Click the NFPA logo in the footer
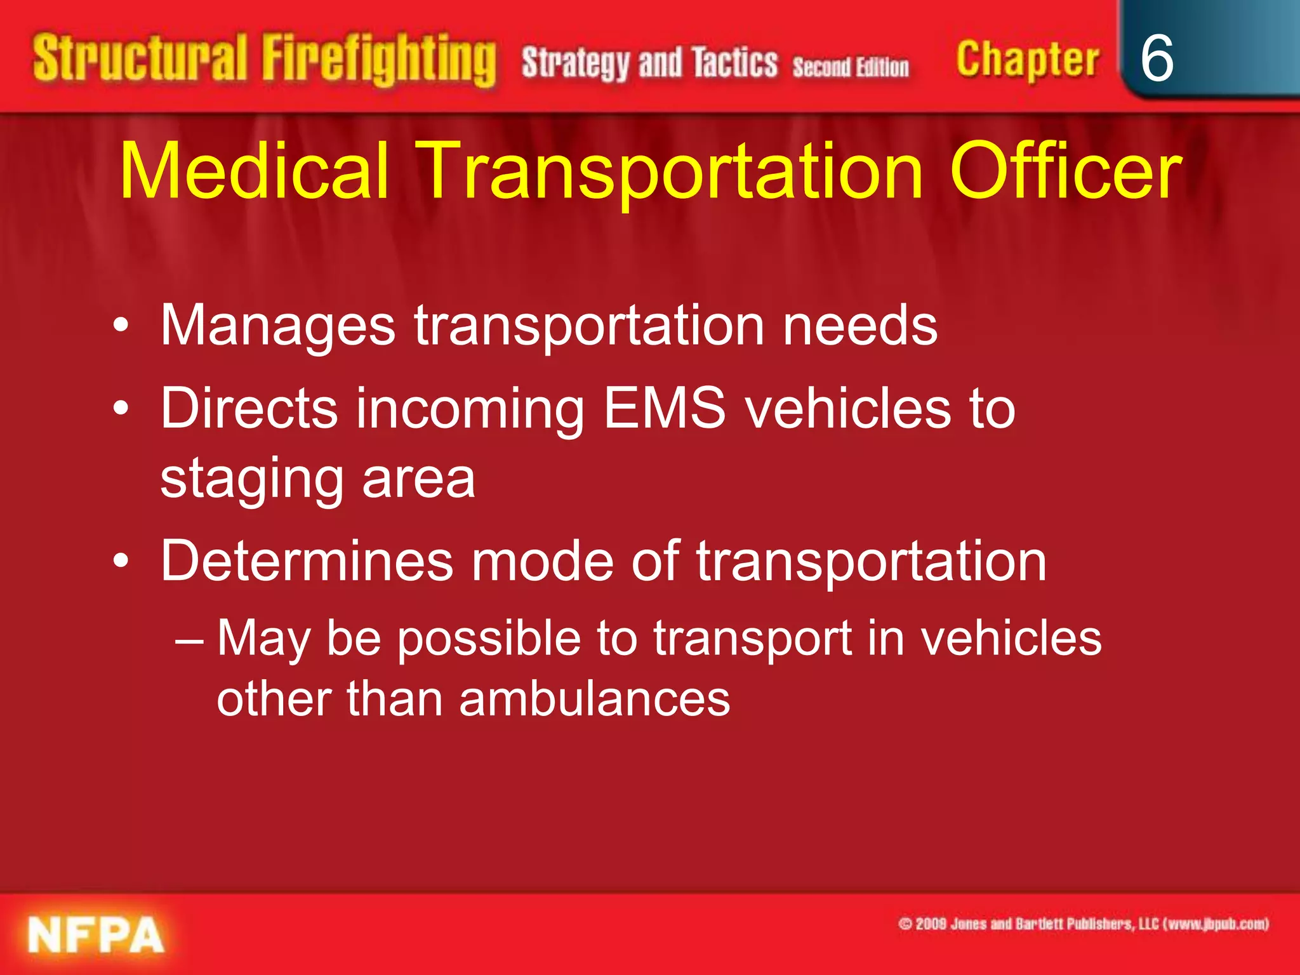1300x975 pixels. click(96, 935)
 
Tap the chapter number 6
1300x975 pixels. click(1157, 58)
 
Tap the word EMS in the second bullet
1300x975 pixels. click(664, 408)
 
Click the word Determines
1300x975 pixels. click(307, 561)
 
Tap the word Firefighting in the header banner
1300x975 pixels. click(379, 60)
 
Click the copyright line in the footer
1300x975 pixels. click(1083, 924)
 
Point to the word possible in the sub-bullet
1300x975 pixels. click(489, 639)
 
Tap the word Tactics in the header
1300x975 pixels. click(734, 63)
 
